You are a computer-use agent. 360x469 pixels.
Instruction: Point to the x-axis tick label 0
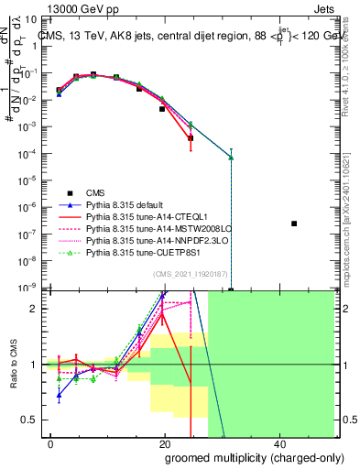[x=51, y=444]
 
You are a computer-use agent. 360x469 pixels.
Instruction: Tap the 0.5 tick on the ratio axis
[x=29, y=420]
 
